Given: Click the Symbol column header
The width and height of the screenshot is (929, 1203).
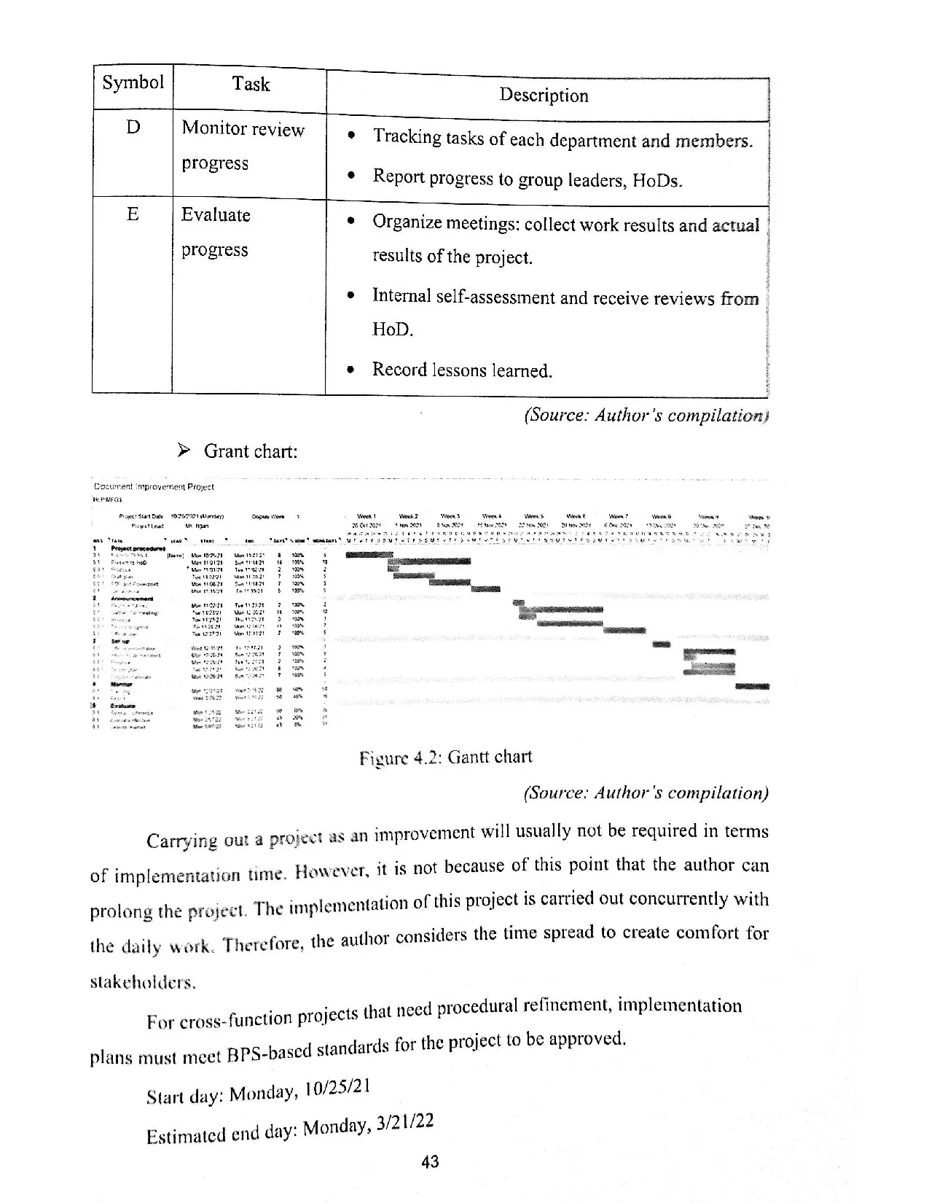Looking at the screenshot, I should tap(133, 82).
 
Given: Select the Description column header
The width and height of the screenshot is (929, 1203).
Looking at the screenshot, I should tap(544, 96).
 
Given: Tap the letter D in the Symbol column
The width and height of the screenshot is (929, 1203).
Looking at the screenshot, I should tap(133, 128).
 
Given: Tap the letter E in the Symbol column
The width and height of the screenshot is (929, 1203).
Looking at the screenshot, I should tap(133, 214).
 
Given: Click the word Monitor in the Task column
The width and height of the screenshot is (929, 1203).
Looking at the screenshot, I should tap(213, 128).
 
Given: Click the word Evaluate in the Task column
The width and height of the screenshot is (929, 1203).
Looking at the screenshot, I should tap(216, 215).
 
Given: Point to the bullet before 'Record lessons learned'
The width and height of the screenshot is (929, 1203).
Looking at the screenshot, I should tap(351, 370).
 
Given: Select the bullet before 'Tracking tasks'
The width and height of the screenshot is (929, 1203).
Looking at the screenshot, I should tap(353, 136).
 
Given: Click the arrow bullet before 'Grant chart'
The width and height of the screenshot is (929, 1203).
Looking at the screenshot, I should tap(184, 451).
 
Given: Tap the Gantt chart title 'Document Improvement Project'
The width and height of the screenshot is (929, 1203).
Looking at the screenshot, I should tap(154, 486).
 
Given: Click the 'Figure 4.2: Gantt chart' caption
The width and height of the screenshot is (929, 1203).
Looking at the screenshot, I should tap(445, 758).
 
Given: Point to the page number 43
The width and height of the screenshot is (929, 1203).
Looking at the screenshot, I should tap(431, 1161).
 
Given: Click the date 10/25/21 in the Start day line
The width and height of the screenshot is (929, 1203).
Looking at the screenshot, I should tap(338, 1089).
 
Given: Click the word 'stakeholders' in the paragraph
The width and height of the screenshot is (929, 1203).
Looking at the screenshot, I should tap(143, 982).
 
